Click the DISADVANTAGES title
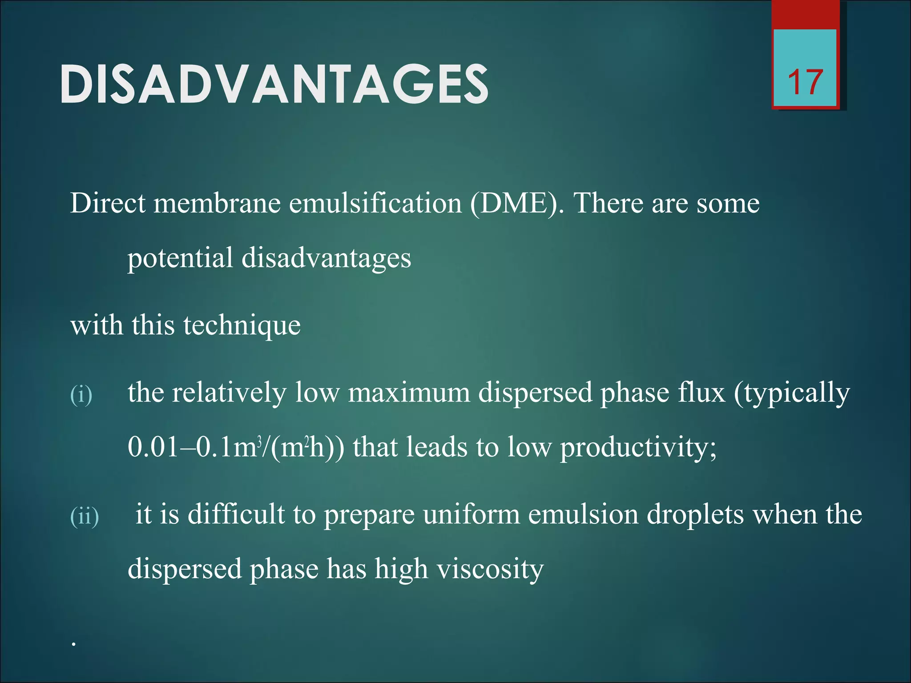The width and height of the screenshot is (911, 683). (274, 84)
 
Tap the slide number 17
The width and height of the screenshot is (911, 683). (805, 83)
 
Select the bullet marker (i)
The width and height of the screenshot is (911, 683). (81, 394)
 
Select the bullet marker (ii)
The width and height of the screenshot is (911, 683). (85, 516)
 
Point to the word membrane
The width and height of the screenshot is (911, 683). (217, 204)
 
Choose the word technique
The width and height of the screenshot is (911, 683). (242, 325)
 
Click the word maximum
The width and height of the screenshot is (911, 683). (409, 393)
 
